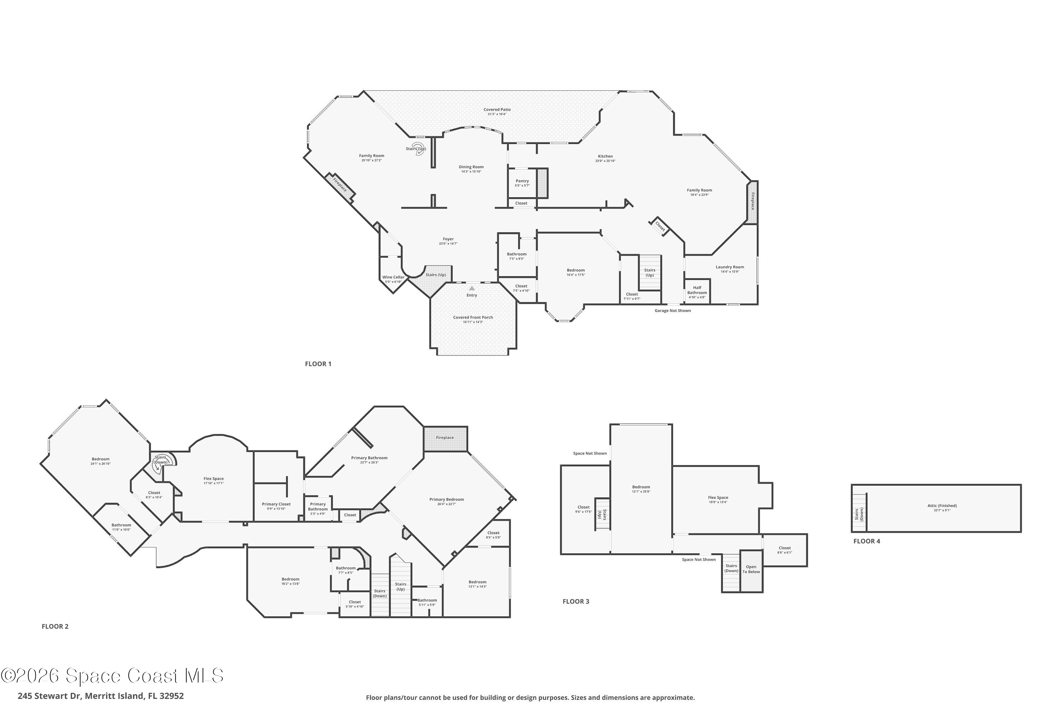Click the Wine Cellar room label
tap(393, 277)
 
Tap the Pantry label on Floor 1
tap(522, 181)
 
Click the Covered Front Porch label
tap(473, 318)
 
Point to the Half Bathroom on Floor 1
tap(697, 290)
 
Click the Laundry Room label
tap(729, 267)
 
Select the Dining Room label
tap(471, 167)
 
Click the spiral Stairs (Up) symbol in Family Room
tap(420, 149)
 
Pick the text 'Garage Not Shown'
tap(672, 311)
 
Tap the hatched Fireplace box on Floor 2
tap(445, 438)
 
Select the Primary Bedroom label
tap(446, 499)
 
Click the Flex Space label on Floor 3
tap(718, 498)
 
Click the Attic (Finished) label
tap(942, 506)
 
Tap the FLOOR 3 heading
tap(576, 601)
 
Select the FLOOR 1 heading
tap(318, 364)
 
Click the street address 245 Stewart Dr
tap(100, 696)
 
